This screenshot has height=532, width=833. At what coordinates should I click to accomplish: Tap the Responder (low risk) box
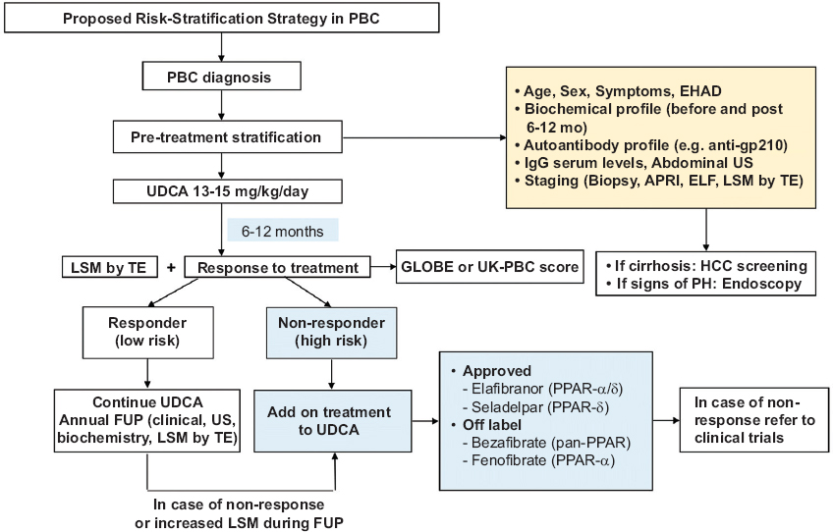click(148, 332)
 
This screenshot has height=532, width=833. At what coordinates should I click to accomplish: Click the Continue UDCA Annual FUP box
click(148, 422)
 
